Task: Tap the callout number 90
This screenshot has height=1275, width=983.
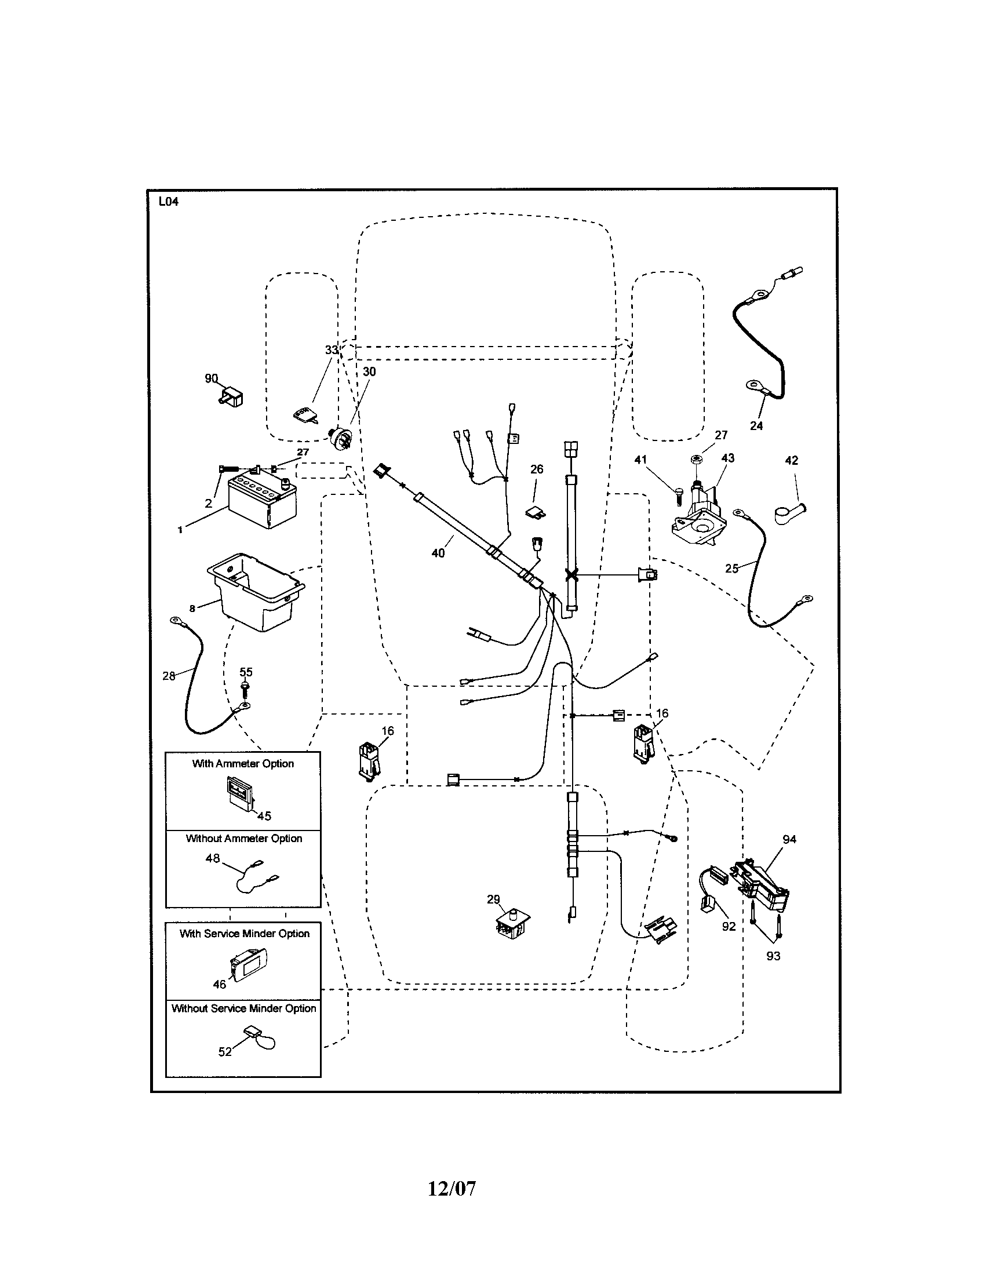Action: [x=212, y=378]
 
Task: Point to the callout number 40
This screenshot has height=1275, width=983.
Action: [x=438, y=553]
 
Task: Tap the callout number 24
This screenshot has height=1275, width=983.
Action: [x=756, y=425]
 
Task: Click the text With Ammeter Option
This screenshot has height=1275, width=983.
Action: [x=243, y=764]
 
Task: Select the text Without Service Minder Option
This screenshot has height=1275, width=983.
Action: [x=243, y=1008]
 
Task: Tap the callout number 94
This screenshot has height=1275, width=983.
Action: [x=789, y=839]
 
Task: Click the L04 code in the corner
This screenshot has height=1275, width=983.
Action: [x=168, y=202]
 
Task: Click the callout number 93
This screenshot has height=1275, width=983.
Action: [x=773, y=956]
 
